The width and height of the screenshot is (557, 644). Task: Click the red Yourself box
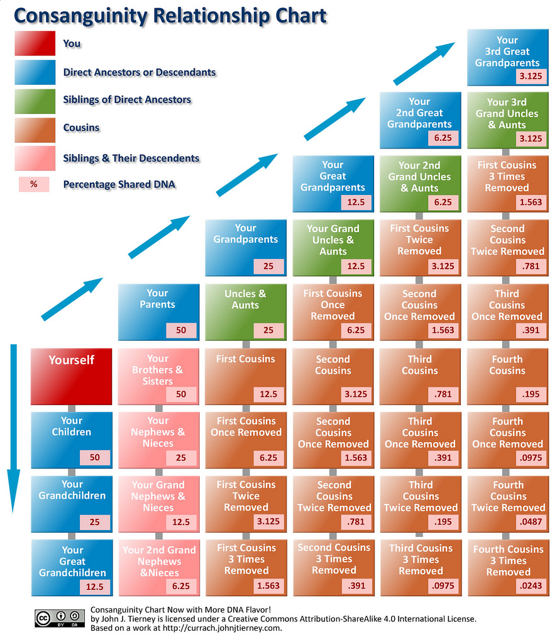pos(72,376)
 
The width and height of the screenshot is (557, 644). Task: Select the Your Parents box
pos(158,312)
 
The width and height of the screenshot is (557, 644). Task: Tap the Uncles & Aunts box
pos(245,312)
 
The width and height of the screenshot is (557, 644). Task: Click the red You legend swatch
pos(35,44)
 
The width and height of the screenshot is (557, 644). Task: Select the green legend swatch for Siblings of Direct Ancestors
pos(35,101)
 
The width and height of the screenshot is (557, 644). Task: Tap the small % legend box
pos(34,185)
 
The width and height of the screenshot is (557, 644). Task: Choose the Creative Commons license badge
pos(59,618)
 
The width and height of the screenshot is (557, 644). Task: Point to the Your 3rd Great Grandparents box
pos(507,57)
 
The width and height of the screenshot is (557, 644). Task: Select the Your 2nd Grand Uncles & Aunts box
pos(419,183)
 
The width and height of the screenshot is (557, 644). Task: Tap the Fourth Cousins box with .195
pos(507,376)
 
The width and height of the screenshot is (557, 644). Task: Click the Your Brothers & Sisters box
pos(158,376)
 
